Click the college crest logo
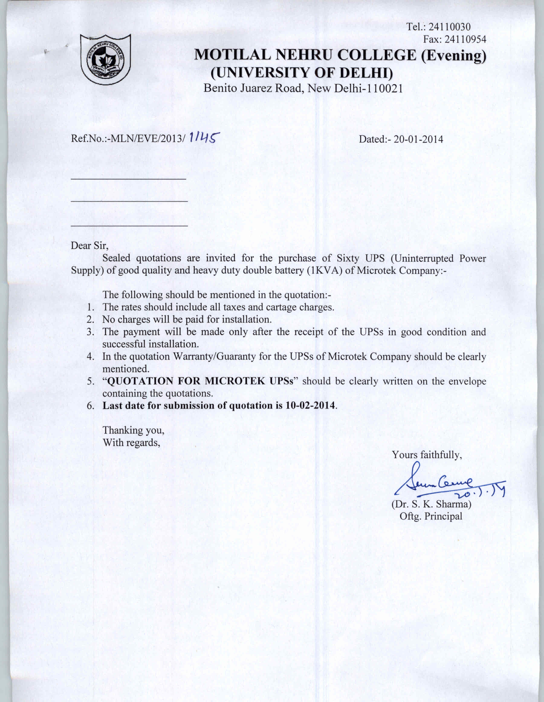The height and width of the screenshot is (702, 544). click(x=106, y=59)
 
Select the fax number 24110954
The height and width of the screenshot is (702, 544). click(x=465, y=40)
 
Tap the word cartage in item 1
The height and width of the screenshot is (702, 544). click(x=281, y=307)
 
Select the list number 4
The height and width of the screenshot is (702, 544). click(x=90, y=357)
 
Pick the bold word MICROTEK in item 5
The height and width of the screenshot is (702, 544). click(x=235, y=381)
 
